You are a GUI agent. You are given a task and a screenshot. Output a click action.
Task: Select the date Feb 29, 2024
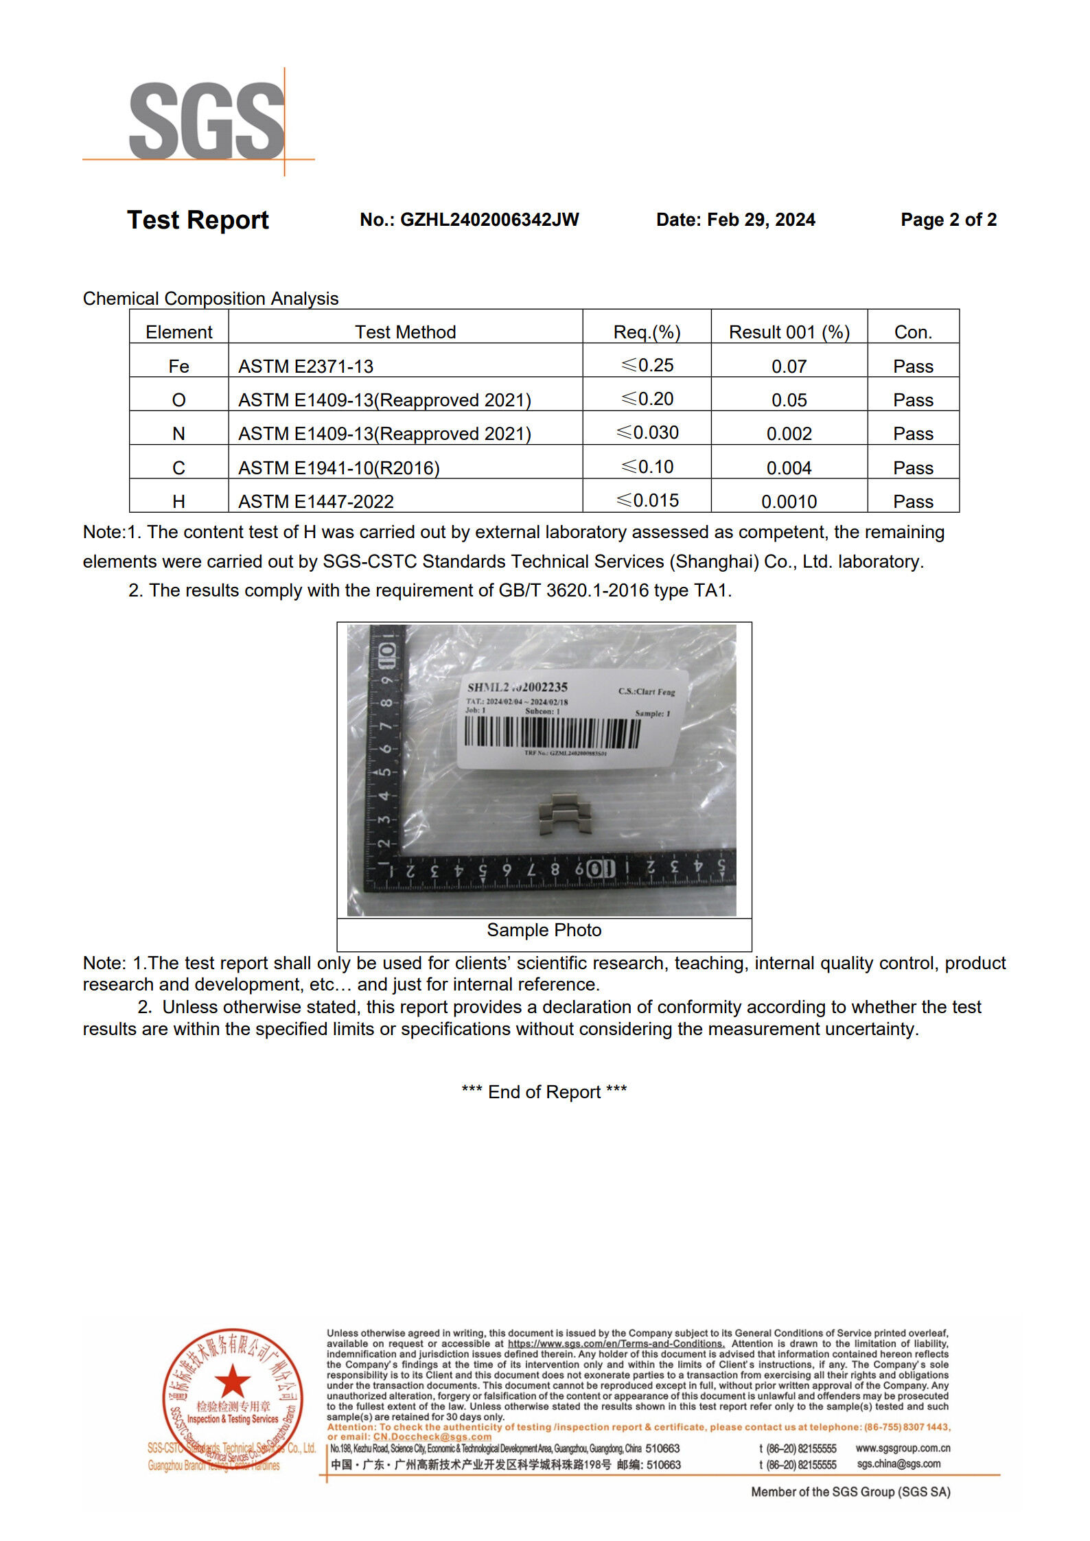click(x=761, y=220)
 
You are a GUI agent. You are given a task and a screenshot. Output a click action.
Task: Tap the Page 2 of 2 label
click(x=948, y=220)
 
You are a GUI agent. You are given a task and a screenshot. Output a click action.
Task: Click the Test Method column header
click(x=405, y=332)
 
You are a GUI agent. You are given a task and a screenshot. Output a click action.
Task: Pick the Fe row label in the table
click(x=178, y=367)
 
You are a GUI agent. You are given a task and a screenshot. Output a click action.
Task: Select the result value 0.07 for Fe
click(x=789, y=367)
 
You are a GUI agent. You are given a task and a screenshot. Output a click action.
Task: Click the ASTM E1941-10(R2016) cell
click(x=339, y=468)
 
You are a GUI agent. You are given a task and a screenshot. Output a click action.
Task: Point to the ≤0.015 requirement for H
click(x=647, y=501)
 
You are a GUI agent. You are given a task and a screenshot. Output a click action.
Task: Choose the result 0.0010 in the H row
click(x=789, y=502)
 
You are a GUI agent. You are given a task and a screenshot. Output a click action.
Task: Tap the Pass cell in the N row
click(x=913, y=434)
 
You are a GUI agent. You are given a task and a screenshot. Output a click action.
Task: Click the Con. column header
click(x=913, y=332)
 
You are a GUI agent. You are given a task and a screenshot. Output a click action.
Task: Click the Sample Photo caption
click(x=544, y=930)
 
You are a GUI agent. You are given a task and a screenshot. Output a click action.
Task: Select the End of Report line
click(x=544, y=1092)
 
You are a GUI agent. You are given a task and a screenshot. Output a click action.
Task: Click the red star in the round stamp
click(x=233, y=1381)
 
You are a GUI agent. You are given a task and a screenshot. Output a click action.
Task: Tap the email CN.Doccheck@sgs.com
click(x=432, y=1437)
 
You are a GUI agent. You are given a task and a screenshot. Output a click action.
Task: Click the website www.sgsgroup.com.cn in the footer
click(x=903, y=1448)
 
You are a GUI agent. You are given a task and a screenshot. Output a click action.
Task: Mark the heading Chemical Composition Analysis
click(x=211, y=299)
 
